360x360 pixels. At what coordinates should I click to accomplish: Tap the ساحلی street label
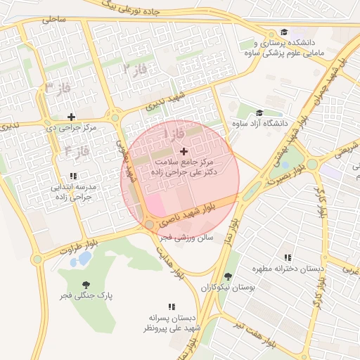[x=54, y=19]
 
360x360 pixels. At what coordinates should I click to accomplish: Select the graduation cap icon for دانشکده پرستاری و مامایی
[x=284, y=32]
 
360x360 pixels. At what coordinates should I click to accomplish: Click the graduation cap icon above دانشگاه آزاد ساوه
[x=259, y=112]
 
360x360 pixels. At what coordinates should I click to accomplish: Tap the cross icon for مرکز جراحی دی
[x=71, y=117]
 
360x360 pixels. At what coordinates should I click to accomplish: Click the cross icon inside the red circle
[x=184, y=151]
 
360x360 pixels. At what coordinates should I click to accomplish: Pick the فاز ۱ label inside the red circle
[x=176, y=132]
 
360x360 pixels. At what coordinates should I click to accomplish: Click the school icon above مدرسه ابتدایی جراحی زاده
[x=73, y=176]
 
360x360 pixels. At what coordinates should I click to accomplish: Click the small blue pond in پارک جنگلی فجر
[x=84, y=259]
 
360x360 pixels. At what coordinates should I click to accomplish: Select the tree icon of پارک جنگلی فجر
[x=86, y=285]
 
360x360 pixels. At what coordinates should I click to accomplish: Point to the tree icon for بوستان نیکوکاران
[x=227, y=276]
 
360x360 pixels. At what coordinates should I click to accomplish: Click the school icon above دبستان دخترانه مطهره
[x=287, y=258]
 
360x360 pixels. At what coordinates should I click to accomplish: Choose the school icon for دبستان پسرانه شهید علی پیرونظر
[x=172, y=307]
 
